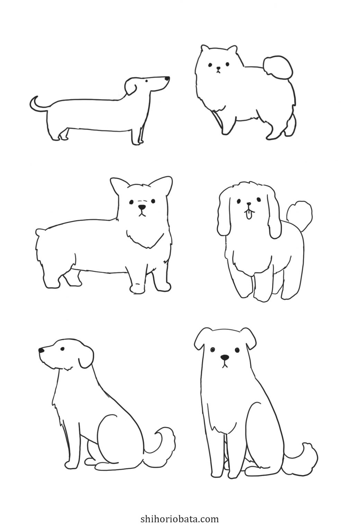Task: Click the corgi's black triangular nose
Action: (142, 208)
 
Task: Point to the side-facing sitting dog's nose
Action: (41, 351)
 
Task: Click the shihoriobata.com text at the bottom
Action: (180, 519)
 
